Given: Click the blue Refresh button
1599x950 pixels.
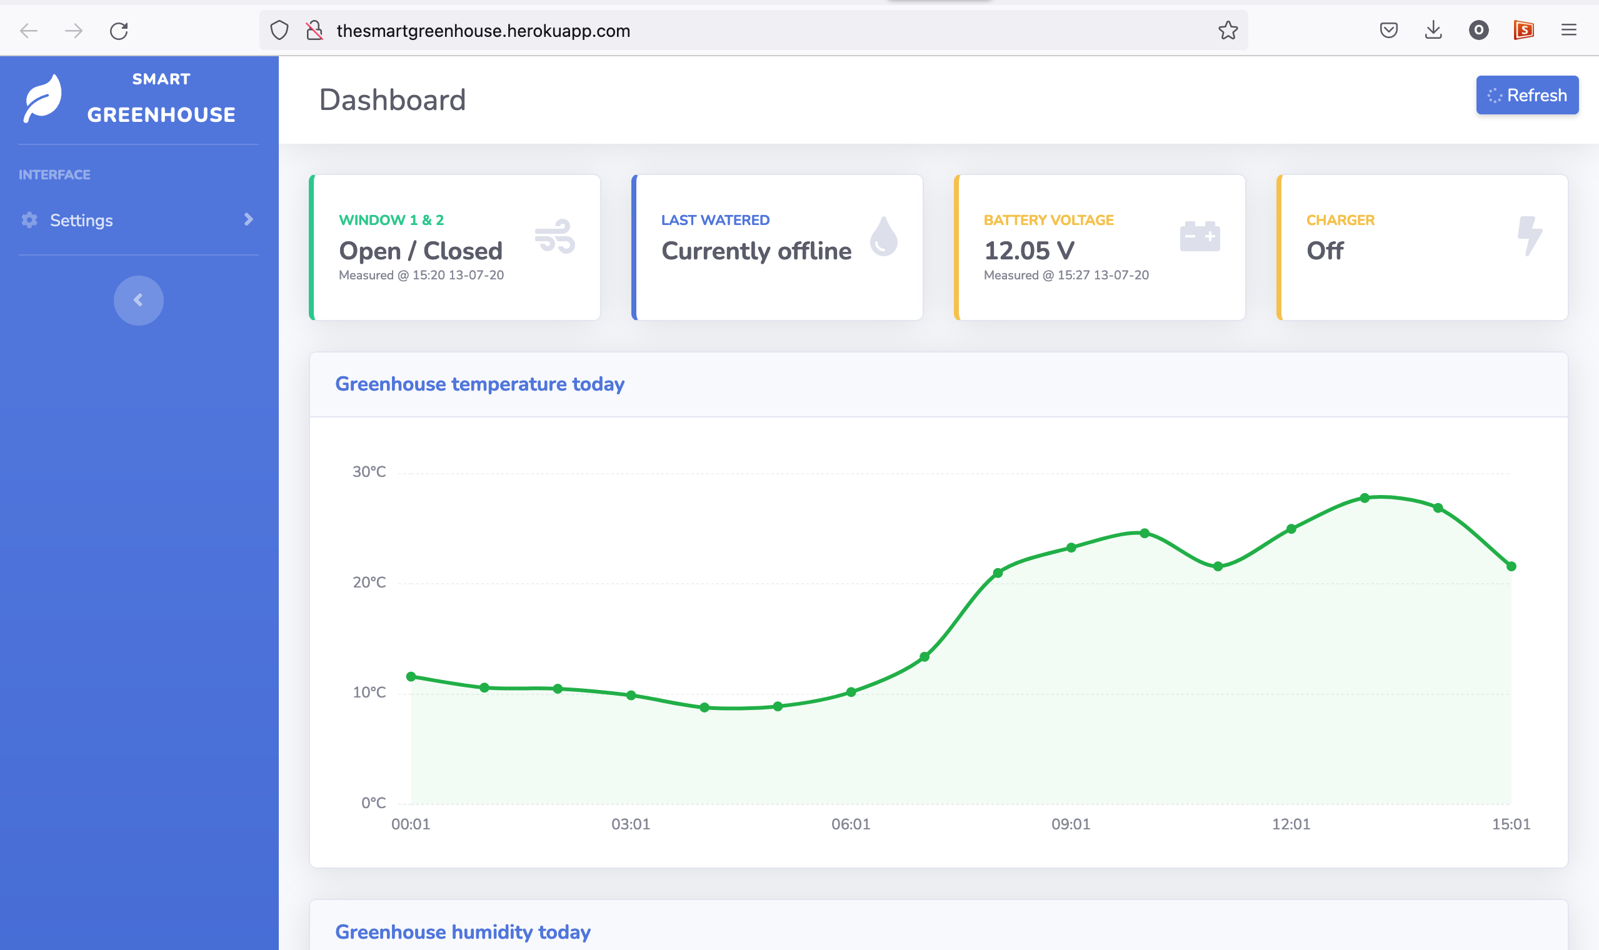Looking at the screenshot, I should pyautogui.click(x=1526, y=96).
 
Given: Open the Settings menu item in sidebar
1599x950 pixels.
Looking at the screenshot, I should pyautogui.click(x=81, y=220).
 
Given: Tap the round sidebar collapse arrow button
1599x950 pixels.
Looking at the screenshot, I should pyautogui.click(x=138, y=300).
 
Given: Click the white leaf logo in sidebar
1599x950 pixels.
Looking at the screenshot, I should pyautogui.click(x=43, y=98).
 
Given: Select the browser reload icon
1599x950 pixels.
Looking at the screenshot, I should pyautogui.click(x=119, y=31).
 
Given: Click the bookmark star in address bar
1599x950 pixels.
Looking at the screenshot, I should pyautogui.click(x=1227, y=31).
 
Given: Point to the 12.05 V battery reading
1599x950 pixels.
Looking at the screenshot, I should pyautogui.click(x=1029, y=250).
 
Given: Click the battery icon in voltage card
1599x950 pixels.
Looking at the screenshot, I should pyautogui.click(x=1199, y=236).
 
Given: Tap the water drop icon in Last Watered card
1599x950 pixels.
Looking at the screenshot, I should pyautogui.click(x=883, y=236).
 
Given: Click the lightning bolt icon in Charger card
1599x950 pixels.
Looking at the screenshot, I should pyautogui.click(x=1528, y=236).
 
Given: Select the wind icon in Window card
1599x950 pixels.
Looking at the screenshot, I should pyautogui.click(x=554, y=236).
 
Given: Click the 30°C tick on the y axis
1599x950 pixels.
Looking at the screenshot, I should pyautogui.click(x=369, y=472).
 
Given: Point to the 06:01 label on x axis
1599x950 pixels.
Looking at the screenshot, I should pyautogui.click(x=850, y=824).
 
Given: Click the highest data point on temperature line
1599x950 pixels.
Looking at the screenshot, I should pyautogui.click(x=1364, y=498).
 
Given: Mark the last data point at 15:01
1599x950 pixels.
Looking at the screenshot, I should pyautogui.click(x=1511, y=566).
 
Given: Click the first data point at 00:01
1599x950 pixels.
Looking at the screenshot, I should pyautogui.click(x=411, y=677).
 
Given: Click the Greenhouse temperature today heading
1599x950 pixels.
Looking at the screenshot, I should pyautogui.click(x=479, y=384).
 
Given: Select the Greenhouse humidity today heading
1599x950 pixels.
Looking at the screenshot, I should pyautogui.click(x=462, y=931).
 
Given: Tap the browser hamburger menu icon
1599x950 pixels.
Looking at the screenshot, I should pyautogui.click(x=1568, y=30).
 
